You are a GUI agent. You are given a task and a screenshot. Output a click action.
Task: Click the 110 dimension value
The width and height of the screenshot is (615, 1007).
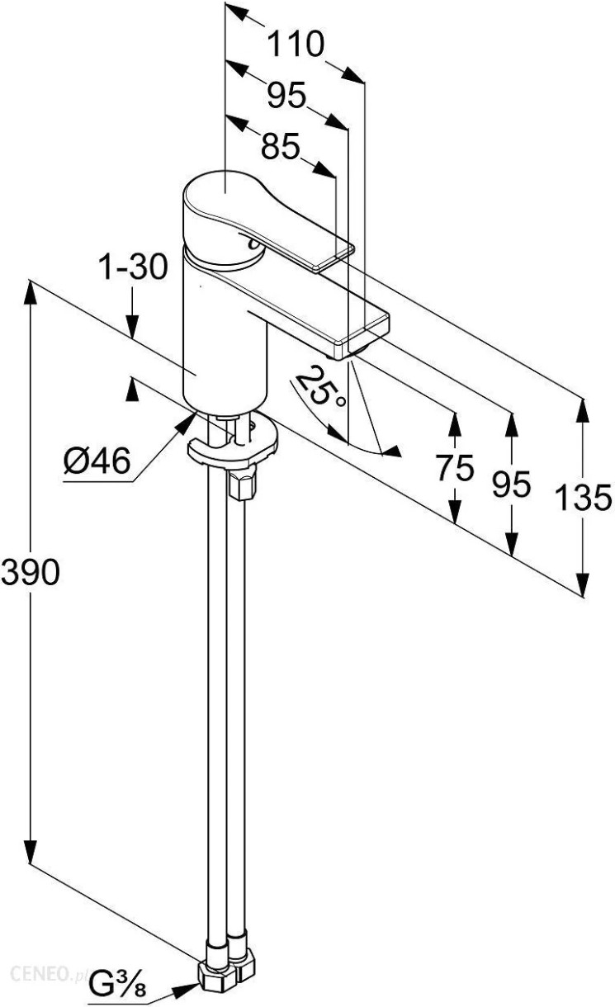295,44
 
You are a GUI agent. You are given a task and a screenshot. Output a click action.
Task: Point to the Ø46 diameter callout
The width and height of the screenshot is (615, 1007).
97,461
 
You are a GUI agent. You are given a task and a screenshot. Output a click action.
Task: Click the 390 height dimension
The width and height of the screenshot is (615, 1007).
30,573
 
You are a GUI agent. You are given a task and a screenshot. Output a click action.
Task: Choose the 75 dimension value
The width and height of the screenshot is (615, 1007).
455,467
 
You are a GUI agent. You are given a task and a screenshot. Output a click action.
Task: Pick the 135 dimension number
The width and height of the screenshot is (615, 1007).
584,498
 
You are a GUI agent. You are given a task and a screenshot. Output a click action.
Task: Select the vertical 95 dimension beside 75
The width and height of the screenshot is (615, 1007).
511,485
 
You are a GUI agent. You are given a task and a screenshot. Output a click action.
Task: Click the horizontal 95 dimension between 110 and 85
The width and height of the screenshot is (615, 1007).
286,95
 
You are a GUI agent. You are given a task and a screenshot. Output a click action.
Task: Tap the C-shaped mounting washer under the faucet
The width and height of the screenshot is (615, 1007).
233,442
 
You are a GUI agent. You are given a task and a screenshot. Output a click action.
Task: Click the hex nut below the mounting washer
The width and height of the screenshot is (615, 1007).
243,483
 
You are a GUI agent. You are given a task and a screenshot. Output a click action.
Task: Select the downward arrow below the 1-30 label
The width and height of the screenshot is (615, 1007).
132,314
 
